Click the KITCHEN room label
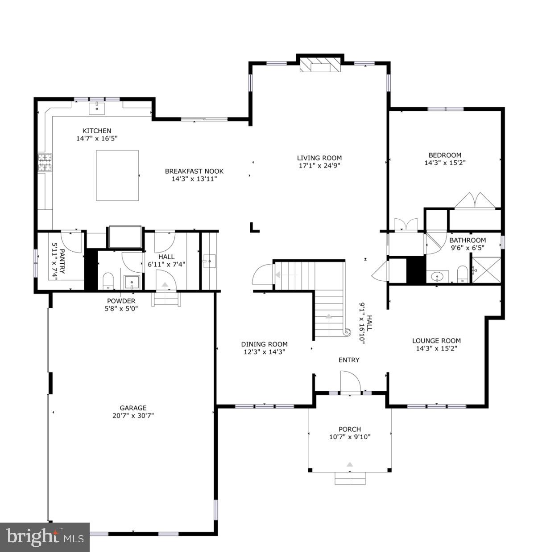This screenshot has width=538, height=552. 97,131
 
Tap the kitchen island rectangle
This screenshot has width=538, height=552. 117,175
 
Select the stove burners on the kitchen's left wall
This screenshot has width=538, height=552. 45,162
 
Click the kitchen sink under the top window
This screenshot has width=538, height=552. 97,107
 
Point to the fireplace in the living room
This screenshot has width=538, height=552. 320,64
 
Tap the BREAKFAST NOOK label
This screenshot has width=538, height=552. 194,171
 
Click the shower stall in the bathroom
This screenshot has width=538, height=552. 486,270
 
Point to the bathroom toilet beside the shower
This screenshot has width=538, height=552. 463,274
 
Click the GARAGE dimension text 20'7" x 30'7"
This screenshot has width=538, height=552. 133,415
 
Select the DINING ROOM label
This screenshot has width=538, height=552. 264,344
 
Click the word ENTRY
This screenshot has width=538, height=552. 349,360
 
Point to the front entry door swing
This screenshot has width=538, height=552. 350,382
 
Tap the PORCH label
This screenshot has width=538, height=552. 350,429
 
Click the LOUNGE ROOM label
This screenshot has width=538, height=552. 436,341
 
